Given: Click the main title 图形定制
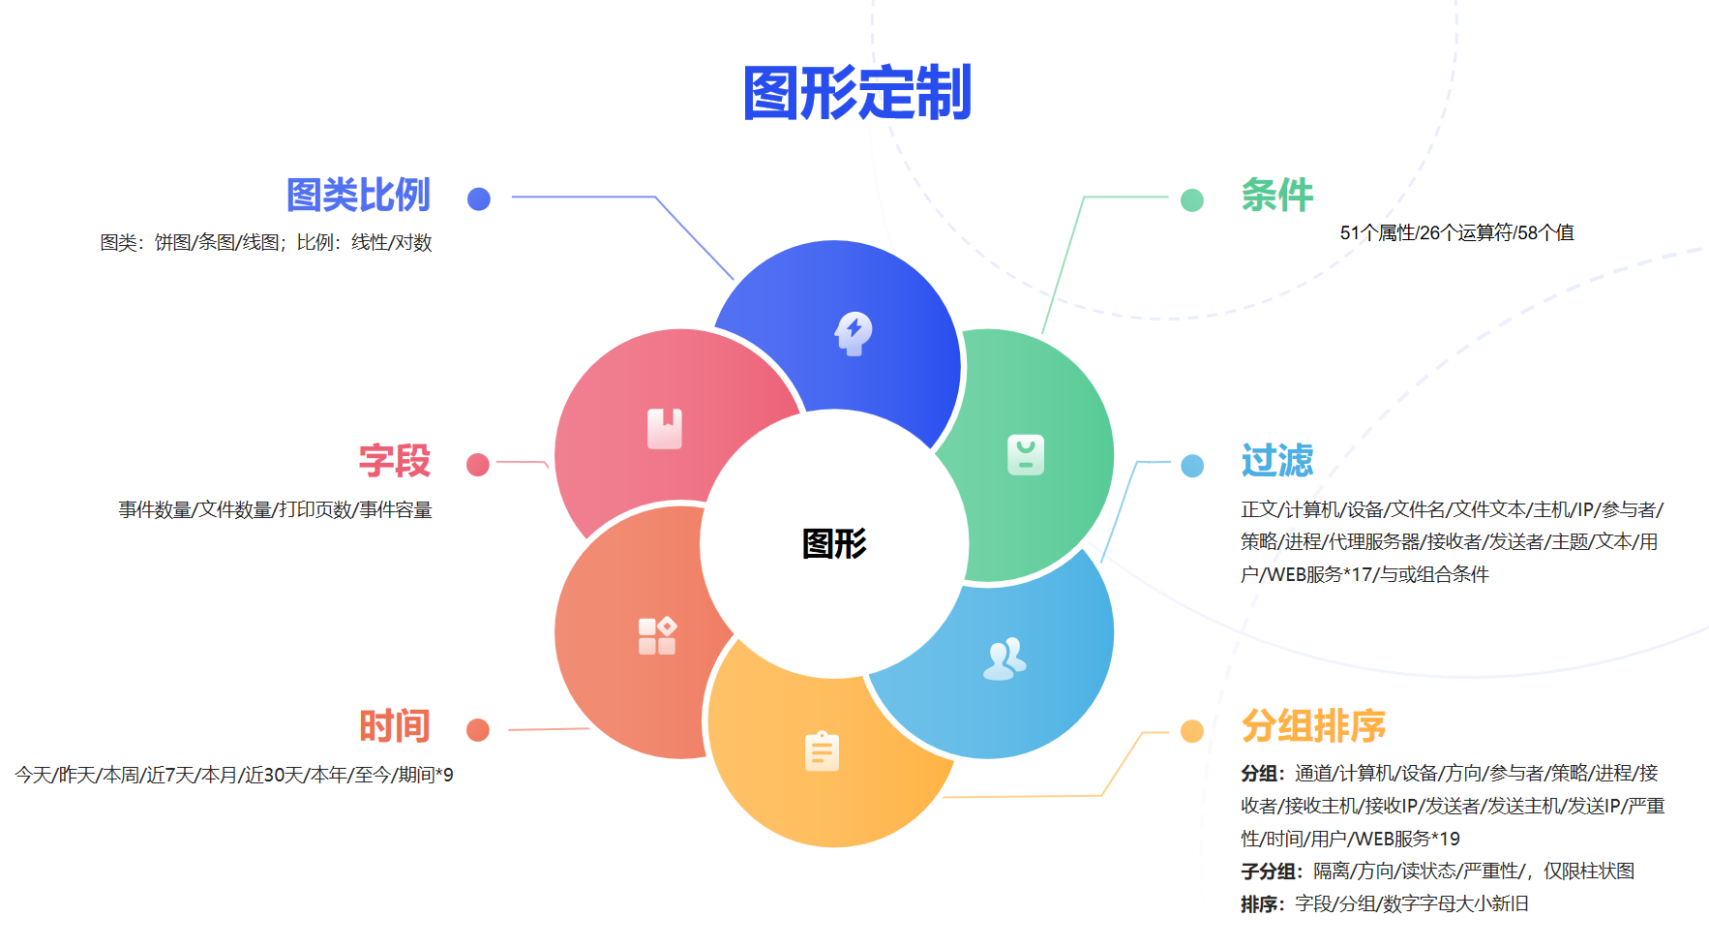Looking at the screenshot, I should (856, 94).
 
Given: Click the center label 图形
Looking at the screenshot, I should (834, 543).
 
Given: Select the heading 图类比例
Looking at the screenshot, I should (358, 196).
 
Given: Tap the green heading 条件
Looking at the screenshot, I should (1276, 196).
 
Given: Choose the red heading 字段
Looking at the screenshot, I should (394, 461).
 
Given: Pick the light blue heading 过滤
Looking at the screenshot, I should (1276, 461).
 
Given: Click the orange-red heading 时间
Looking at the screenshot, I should (394, 726).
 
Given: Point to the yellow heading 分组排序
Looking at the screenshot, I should (1312, 726).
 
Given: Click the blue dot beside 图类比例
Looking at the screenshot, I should (478, 199).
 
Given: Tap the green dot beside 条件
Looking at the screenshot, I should (1192, 199).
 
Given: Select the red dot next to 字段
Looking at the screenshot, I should (478, 465).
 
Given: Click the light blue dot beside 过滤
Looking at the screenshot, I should (1192, 466).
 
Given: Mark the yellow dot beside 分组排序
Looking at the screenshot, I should (1192, 731).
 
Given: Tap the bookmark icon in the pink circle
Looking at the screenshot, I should (665, 428).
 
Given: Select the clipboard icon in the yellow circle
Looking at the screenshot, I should (822, 751).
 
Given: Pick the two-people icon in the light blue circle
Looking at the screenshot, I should (1004, 658).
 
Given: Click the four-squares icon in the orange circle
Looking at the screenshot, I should (657, 636).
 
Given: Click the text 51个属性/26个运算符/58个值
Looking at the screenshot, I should (1456, 232).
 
